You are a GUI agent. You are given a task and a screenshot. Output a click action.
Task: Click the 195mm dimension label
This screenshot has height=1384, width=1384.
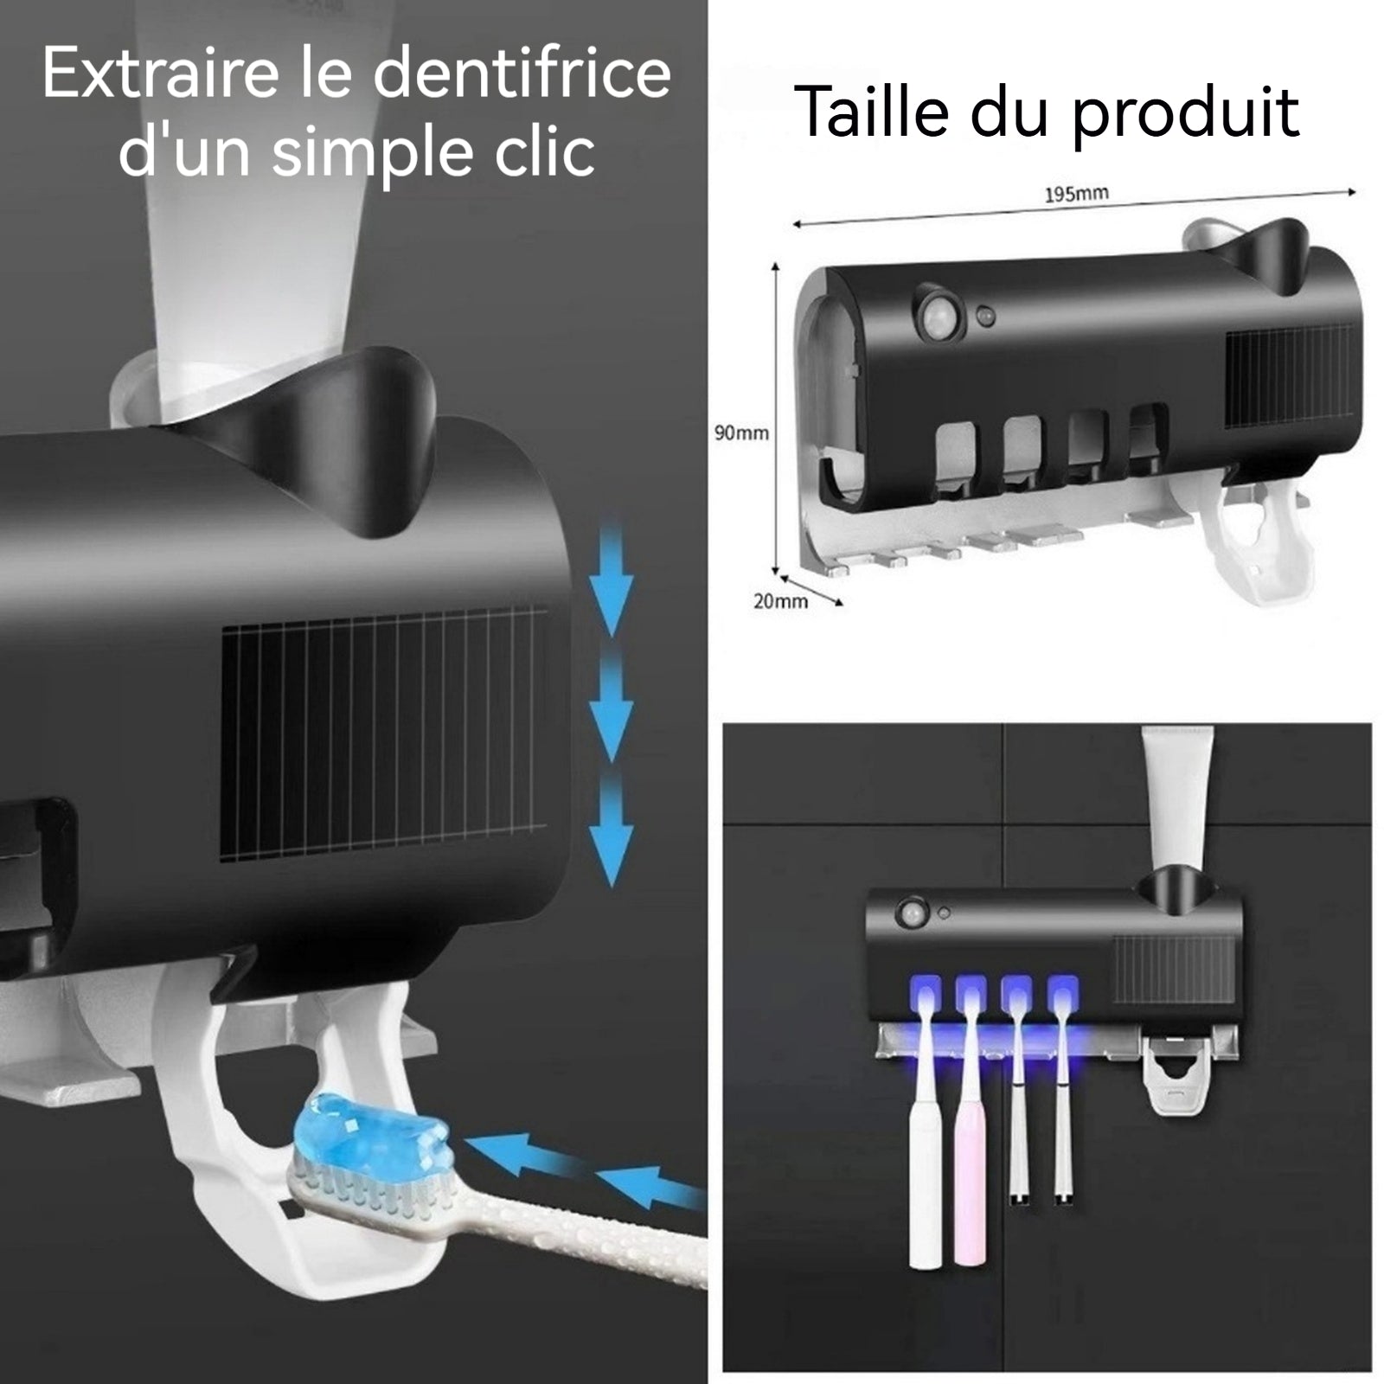(1075, 194)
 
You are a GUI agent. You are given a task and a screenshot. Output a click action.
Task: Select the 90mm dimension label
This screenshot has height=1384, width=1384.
(741, 432)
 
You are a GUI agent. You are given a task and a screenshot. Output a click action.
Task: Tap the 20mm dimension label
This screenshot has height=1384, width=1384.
(780, 600)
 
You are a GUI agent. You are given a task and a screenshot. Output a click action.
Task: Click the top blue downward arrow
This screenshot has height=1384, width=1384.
(612, 580)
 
